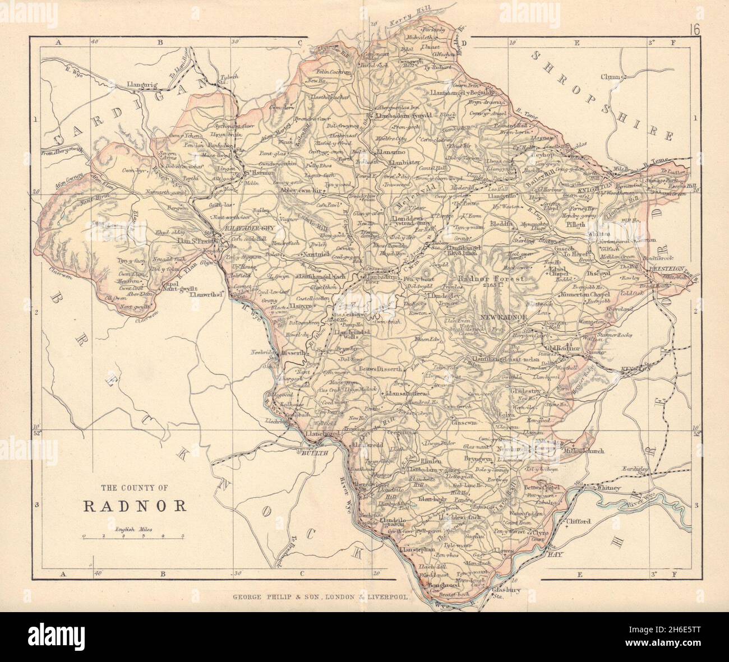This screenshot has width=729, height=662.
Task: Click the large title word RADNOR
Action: click(x=135, y=506)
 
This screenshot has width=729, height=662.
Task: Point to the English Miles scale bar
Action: click(x=134, y=536)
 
